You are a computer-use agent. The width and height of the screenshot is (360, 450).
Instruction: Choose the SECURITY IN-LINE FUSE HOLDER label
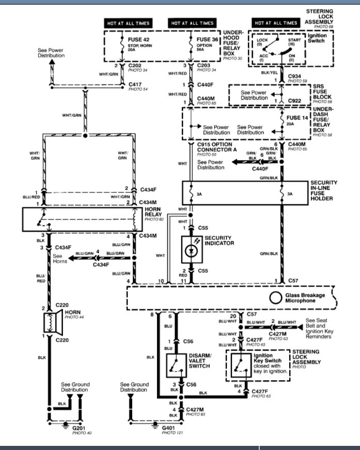324,191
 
